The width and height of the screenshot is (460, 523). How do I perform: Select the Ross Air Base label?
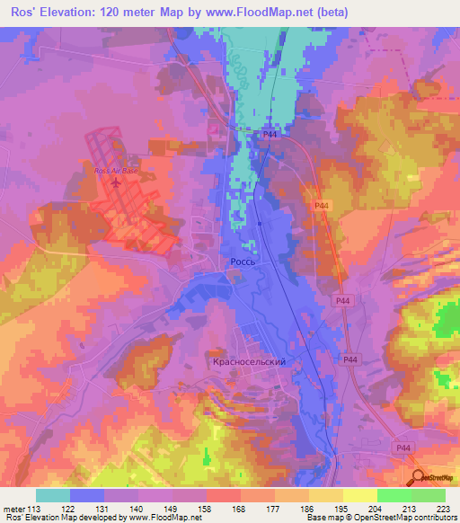[x=117, y=170]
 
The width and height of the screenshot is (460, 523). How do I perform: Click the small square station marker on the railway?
[x=259, y=224]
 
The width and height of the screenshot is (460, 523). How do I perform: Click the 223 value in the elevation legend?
[x=441, y=510]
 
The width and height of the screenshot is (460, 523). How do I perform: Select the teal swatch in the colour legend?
[x=53, y=495]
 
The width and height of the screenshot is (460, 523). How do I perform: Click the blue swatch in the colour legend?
[x=87, y=495]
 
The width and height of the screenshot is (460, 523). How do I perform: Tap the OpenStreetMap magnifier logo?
[x=417, y=478]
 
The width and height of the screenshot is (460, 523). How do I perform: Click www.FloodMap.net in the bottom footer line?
[x=165, y=519]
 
